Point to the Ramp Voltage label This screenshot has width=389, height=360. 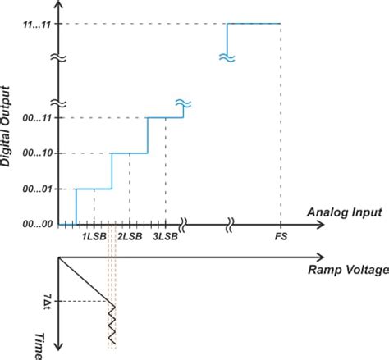pos(345,268)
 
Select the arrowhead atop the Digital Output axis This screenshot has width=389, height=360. pos(59,7)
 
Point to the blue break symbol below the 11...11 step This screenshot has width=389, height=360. pos(227,56)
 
